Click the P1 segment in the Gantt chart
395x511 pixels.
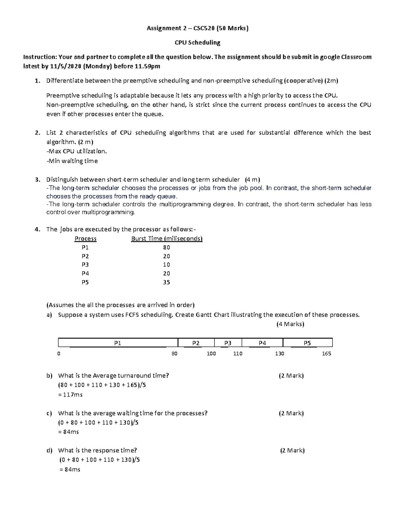click(x=118, y=343)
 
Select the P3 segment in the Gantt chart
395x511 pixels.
click(x=228, y=343)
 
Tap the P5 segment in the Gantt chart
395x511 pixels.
click(x=307, y=343)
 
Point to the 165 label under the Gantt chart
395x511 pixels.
click(x=326, y=354)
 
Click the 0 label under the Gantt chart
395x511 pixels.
click(x=59, y=354)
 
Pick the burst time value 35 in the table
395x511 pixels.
click(x=166, y=282)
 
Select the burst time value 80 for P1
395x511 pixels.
click(x=166, y=247)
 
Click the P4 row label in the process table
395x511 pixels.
click(x=85, y=273)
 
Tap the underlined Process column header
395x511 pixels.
click(x=86, y=239)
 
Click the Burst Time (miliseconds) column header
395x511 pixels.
click(x=167, y=239)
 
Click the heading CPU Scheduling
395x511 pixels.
click(x=197, y=42)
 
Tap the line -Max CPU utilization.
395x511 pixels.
click(x=77, y=151)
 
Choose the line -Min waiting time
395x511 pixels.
click(x=72, y=161)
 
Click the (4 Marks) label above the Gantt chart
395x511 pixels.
click(x=290, y=324)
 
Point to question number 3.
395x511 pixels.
click(x=37, y=180)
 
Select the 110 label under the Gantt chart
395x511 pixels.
click(x=237, y=354)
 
